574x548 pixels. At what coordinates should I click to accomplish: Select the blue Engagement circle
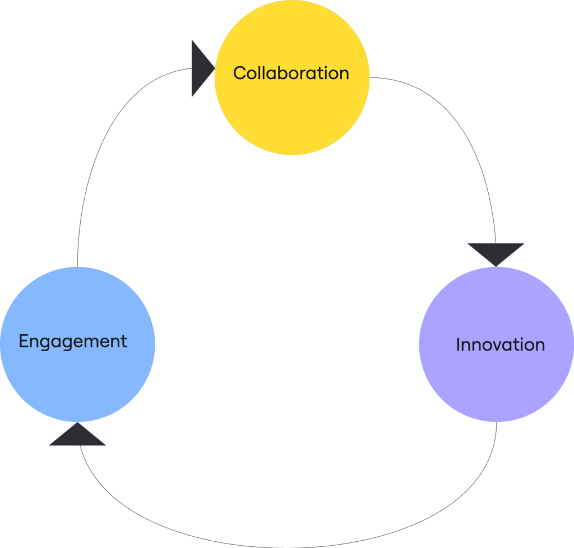tap(77, 370)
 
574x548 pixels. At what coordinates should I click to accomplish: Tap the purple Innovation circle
tap(496, 376)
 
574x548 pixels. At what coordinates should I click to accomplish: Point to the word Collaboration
tap(291, 73)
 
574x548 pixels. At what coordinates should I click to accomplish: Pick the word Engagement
tap(73, 341)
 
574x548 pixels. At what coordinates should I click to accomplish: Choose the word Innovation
tap(500, 344)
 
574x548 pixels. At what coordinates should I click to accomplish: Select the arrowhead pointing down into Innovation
tap(496, 252)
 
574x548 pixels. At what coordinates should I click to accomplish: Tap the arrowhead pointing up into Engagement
tap(78, 436)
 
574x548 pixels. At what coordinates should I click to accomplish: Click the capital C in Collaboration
tap(240, 73)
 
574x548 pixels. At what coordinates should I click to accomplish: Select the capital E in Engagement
tap(24, 341)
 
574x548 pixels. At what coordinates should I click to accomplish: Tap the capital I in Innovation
tap(458, 344)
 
